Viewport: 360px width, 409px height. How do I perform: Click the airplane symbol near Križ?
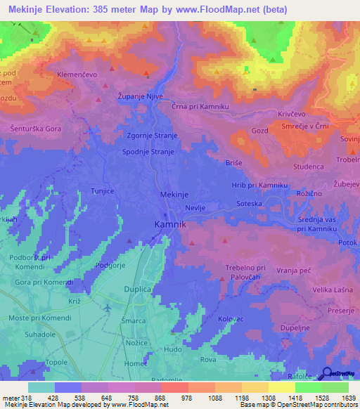(107, 308)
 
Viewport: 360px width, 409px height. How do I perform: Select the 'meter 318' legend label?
(15, 397)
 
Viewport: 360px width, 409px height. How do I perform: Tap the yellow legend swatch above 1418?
(281, 387)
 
